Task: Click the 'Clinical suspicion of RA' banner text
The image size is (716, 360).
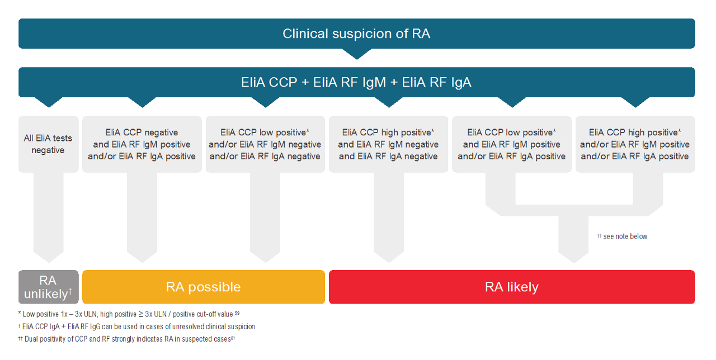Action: pyautogui.click(x=356, y=34)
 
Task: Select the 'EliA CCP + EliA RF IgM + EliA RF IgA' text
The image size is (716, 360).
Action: pyautogui.click(x=356, y=82)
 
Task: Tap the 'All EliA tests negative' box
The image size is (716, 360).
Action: pyautogui.click(x=48, y=144)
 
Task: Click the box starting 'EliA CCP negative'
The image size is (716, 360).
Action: pyautogui.click(x=142, y=144)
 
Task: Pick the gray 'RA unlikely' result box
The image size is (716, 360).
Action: pyautogui.click(x=48, y=287)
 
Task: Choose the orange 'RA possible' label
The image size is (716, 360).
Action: pyautogui.click(x=203, y=287)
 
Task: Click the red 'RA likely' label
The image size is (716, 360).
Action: pyautogui.click(x=512, y=287)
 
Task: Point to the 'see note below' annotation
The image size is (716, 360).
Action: pyautogui.click(x=622, y=236)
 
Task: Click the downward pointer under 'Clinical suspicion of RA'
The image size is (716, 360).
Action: pyautogui.click(x=357, y=54)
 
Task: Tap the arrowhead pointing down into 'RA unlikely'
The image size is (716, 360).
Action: pyautogui.click(x=48, y=257)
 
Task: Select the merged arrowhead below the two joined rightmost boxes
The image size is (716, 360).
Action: pyautogui.click(x=573, y=258)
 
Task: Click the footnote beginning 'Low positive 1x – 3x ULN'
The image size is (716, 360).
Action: pyautogui.click(x=129, y=314)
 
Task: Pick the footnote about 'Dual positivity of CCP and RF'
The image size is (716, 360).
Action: pyautogui.click(x=126, y=339)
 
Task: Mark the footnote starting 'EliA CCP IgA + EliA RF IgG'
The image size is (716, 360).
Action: pyautogui.click(x=136, y=326)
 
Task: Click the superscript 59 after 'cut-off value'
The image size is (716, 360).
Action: pyautogui.click(x=237, y=313)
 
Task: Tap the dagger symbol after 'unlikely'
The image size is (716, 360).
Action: pyautogui.click(x=70, y=291)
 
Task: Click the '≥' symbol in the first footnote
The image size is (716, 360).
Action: pyautogui.click(x=140, y=314)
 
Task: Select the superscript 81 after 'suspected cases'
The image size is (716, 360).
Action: pyautogui.click(x=233, y=338)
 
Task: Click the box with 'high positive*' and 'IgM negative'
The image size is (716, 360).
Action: pyautogui.click(x=388, y=144)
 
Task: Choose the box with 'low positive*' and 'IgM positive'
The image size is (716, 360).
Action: pyautogui.click(x=512, y=144)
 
